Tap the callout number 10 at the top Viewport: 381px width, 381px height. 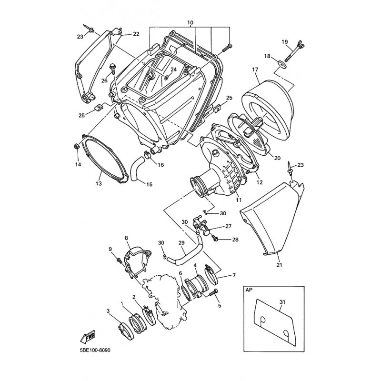point(190,22)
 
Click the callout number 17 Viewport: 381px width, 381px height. point(255,70)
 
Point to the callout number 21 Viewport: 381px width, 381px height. point(279,265)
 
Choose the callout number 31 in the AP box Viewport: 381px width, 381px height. point(282,302)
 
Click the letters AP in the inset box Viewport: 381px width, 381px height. point(249,291)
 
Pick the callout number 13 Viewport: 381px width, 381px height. point(99,183)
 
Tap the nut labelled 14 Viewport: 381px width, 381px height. point(76,146)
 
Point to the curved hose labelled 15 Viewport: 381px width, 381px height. point(137,169)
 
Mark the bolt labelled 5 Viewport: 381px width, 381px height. point(213,292)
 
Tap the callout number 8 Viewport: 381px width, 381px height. point(126,238)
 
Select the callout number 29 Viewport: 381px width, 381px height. point(181,243)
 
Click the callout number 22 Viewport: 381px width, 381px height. point(136,34)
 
